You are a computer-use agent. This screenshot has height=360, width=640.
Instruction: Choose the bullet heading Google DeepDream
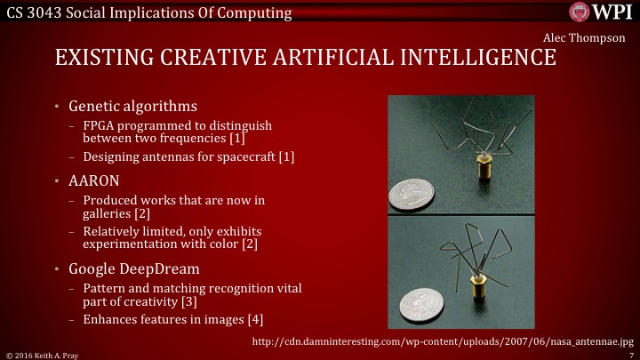(132, 268)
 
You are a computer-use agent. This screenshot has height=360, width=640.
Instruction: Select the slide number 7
(630, 354)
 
